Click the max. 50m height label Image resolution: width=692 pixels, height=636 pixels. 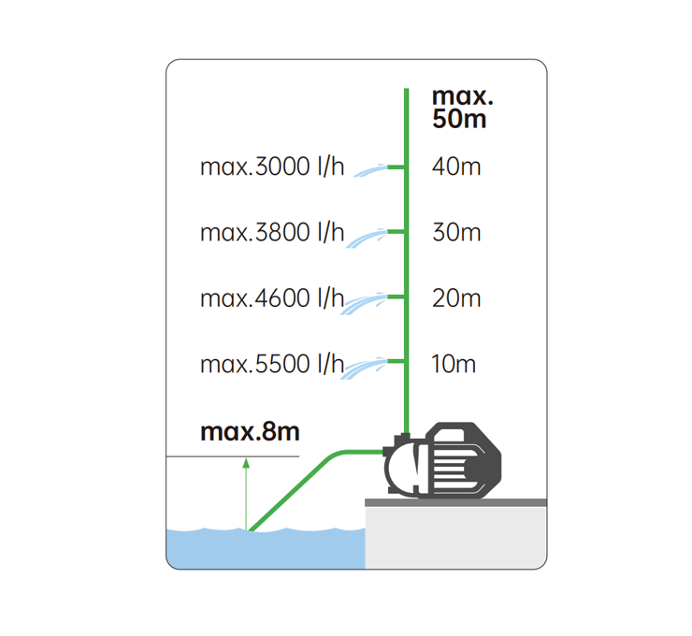point(462,108)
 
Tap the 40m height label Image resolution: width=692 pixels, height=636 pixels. point(456,166)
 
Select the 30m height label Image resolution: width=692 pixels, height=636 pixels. point(456,233)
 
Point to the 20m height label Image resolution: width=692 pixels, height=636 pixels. point(456,298)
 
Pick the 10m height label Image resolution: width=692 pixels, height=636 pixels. point(454,364)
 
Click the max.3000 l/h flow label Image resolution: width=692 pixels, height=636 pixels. point(272,166)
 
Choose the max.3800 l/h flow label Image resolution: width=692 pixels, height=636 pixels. point(272,233)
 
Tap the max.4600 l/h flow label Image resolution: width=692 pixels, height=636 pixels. point(272,298)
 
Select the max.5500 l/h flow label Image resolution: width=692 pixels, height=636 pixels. point(272,364)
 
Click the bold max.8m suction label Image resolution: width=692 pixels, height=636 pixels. point(250,432)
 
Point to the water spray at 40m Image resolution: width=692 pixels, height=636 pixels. point(370,170)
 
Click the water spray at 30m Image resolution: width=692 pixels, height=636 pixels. point(367,238)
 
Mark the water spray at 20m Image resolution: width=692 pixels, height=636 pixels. point(364,304)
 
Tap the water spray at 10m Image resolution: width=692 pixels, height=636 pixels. point(365,369)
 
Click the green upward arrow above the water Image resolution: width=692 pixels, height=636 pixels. point(246,494)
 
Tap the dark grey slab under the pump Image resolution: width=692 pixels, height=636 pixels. point(456,502)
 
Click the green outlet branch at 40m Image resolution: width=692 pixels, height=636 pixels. point(396,166)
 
